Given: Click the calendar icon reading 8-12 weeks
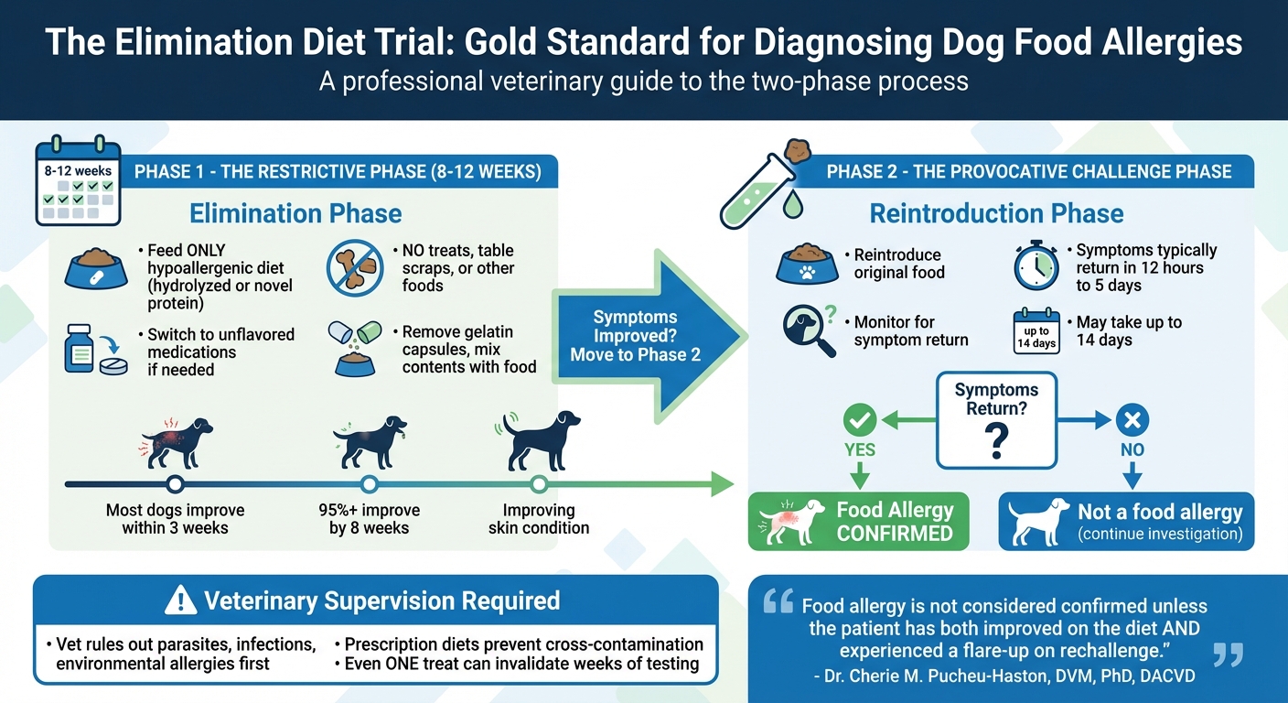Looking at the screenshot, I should pyautogui.click(x=78, y=183).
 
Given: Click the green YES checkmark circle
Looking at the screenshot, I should pyautogui.click(x=859, y=420).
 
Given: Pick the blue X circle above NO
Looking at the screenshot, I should pyautogui.click(x=1132, y=420).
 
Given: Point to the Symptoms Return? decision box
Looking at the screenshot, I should pyautogui.click(x=996, y=418).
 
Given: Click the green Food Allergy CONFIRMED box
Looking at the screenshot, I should pyautogui.click(x=858, y=522).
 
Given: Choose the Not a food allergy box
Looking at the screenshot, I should pyautogui.click(x=1126, y=522).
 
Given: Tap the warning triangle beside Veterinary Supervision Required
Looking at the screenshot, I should pyautogui.click(x=180, y=601).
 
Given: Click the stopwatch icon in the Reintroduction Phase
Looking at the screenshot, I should pyautogui.click(x=1036, y=265).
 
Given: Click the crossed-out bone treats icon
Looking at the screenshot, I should pyautogui.click(x=355, y=265).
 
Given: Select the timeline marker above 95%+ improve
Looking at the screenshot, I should pyautogui.click(x=370, y=484).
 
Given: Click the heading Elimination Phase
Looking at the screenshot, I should pyautogui.click(x=295, y=214).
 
